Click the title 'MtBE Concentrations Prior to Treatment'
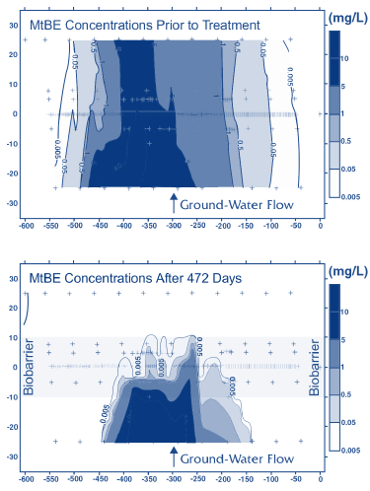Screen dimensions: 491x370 (x=144, y=24)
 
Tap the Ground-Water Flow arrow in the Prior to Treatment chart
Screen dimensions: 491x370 (x=174, y=204)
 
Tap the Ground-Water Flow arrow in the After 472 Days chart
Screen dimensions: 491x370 (x=174, y=457)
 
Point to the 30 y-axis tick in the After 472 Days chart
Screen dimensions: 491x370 (x=9, y=280)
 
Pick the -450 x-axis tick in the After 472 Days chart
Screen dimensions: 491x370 (x=100, y=481)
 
